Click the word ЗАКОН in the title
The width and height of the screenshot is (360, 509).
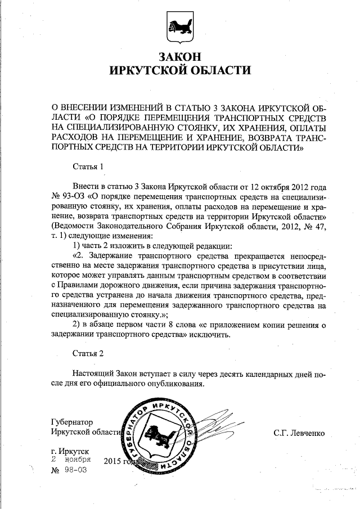[x=180, y=57]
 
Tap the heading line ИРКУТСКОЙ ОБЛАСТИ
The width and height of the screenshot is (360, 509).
[x=180, y=71]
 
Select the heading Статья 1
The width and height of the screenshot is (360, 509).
[x=89, y=167]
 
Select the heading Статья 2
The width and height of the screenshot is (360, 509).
[x=89, y=353]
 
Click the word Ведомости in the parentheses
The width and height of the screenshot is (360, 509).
[x=73, y=226]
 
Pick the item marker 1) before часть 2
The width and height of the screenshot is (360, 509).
[x=78, y=245]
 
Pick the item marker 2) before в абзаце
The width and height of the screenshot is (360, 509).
[x=78, y=325]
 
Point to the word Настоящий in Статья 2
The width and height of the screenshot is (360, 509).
[x=93, y=374]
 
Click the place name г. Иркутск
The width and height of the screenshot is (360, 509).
[x=69, y=451]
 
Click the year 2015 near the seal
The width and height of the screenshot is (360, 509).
[x=114, y=461]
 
